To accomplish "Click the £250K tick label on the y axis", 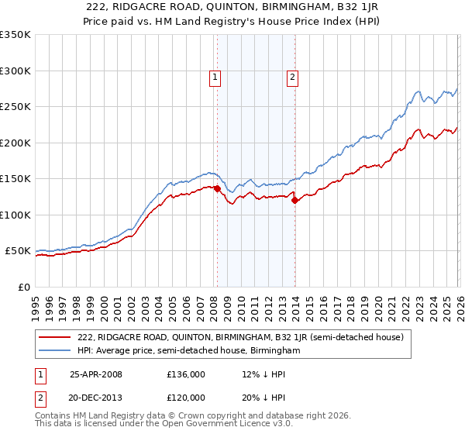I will click(15, 107).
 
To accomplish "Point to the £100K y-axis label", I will click(15, 215).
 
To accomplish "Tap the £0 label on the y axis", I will click(24, 287).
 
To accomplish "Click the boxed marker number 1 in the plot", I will click(215, 77).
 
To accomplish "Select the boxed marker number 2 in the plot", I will click(293, 77).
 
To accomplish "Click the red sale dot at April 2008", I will click(217, 188).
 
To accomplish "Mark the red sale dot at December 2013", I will click(294, 201).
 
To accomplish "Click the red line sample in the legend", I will click(56, 337).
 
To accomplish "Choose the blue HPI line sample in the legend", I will click(56, 351).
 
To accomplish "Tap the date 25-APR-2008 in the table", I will click(96, 374).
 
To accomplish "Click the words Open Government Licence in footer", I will click(203, 426).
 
